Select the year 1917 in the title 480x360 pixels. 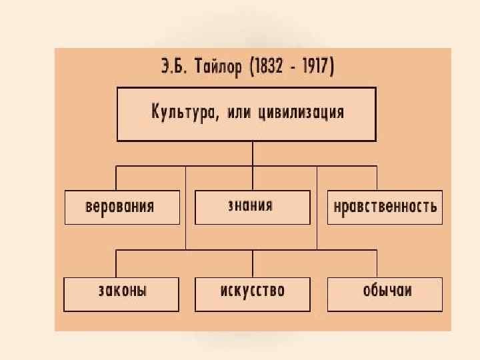coord(319,68)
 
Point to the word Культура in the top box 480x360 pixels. coord(179,113)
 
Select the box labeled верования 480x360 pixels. coord(122,207)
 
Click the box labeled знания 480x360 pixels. coord(252,207)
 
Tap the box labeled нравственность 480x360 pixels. coord(385,207)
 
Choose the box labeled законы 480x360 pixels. coord(121,293)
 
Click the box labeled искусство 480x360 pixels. coord(252,293)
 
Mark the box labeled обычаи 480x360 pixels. coord(385,293)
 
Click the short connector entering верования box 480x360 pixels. coord(117,178)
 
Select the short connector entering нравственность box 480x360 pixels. coord(377,178)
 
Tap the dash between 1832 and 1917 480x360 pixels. coord(297,68)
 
